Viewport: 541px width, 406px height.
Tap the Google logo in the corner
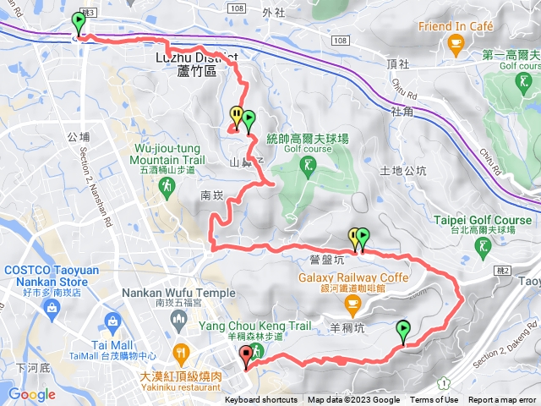point(31,394)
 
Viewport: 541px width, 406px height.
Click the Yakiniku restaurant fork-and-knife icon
point(180,351)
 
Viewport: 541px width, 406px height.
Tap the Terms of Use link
point(434,400)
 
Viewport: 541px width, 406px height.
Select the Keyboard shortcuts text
point(261,400)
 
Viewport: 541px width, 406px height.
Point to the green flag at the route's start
point(79,22)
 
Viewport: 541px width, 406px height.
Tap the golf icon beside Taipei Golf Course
point(484,247)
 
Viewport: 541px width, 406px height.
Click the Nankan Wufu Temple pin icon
point(179,317)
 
